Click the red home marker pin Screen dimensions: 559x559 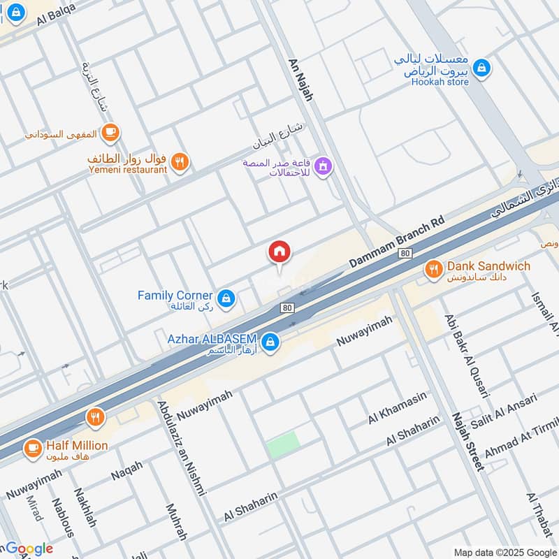click(x=279, y=252)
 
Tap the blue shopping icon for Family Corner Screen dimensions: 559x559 click(x=226, y=300)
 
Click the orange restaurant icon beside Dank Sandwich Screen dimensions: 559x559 click(x=433, y=269)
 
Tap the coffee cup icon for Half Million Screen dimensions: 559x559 click(x=32, y=448)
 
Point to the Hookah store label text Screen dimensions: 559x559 click(x=439, y=82)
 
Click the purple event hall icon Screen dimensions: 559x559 click(x=322, y=166)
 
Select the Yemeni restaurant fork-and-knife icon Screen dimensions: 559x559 click(x=180, y=162)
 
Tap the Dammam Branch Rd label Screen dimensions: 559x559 click(x=396, y=240)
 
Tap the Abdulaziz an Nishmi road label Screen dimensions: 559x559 click(x=182, y=447)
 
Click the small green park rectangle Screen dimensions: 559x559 click(x=283, y=444)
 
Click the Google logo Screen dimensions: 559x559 click(x=28, y=549)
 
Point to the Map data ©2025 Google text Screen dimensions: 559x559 click(x=504, y=551)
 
